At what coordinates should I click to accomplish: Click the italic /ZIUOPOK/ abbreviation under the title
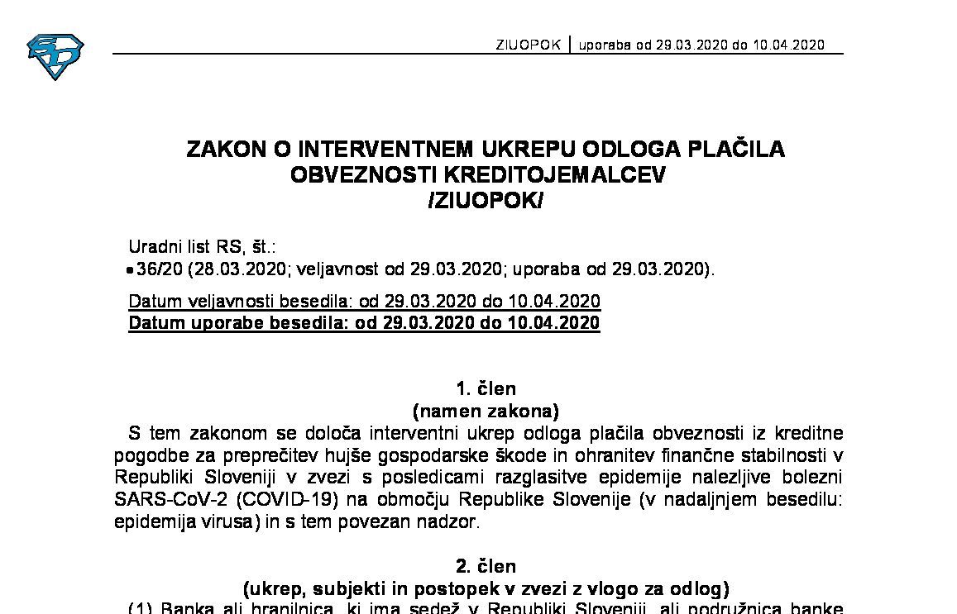point(485,201)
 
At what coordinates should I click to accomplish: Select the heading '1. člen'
point(486,389)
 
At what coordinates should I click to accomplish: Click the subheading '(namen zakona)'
point(486,411)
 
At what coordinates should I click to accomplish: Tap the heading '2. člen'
point(486,567)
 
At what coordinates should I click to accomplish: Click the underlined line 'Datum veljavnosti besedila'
point(365,301)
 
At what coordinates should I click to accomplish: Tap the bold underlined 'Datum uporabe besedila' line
point(365,322)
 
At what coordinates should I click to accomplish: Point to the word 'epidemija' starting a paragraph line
point(146,522)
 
